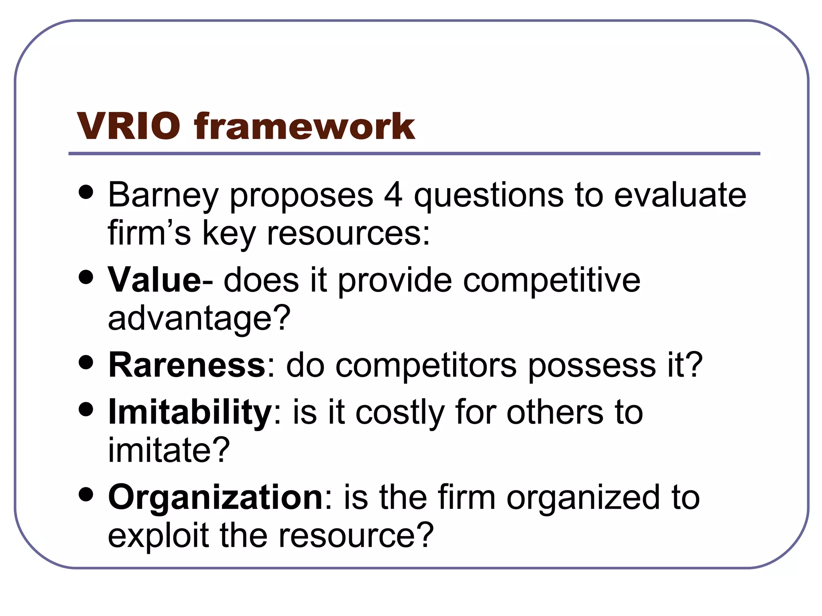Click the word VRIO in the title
point(128,126)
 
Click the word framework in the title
point(305,126)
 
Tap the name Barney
point(163,196)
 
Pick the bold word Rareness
point(187,365)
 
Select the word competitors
point(426,365)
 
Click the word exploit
point(158,535)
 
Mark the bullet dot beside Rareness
point(86,363)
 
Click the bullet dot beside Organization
point(86,495)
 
